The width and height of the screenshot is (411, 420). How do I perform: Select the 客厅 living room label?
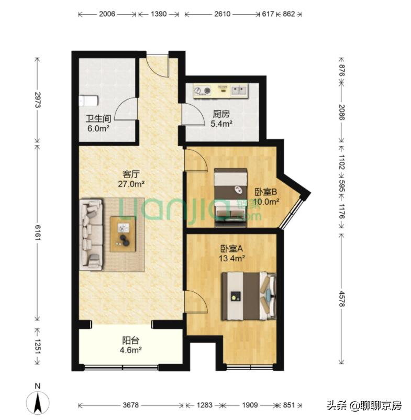130,174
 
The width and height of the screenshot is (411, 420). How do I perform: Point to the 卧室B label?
266,192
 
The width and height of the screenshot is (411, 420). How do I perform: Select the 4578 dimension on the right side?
341,299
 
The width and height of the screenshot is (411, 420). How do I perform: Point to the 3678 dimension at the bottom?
128,406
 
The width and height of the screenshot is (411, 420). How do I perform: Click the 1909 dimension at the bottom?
251,406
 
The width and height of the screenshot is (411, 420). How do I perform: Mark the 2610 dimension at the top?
222,15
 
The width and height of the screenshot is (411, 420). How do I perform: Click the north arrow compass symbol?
38,402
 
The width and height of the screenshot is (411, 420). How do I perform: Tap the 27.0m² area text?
131,184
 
